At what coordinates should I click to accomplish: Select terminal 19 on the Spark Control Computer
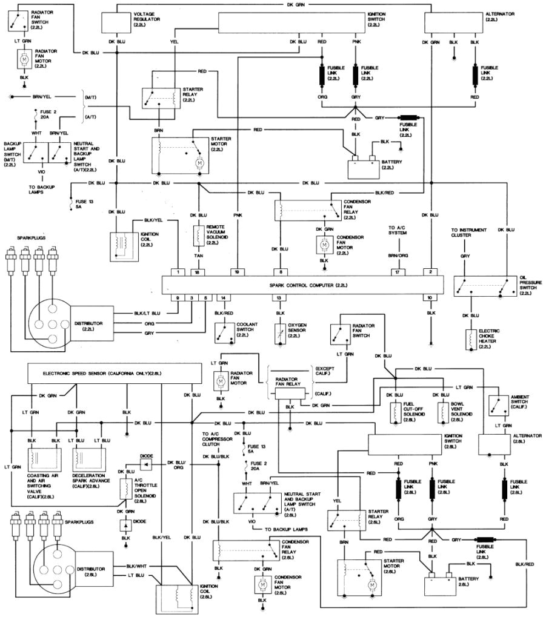[x=237, y=272]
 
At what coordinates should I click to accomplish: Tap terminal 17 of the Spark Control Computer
[x=397, y=272]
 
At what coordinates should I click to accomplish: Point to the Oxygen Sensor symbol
[x=279, y=332]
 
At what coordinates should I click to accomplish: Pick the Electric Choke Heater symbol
[x=470, y=341]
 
